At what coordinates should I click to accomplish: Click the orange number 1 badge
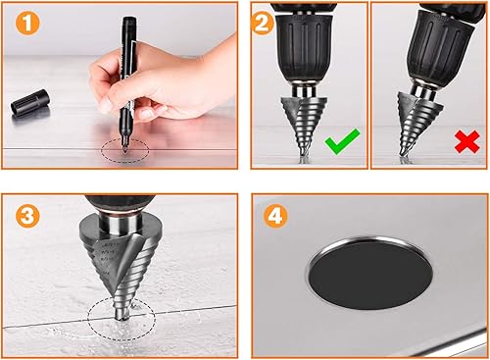click(x=27, y=24)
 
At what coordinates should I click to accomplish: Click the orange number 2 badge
click(x=263, y=23)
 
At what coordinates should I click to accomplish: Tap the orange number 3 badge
click(x=27, y=216)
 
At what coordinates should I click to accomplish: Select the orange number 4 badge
click(x=275, y=216)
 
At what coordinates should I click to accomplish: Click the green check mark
click(x=342, y=141)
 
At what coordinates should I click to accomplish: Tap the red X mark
click(x=467, y=142)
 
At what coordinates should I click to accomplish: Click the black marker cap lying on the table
click(x=30, y=102)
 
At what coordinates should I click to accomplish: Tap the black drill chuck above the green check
click(x=304, y=47)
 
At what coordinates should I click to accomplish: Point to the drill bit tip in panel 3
click(x=122, y=317)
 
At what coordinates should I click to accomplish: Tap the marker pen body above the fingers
click(x=129, y=39)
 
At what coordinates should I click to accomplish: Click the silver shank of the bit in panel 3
click(x=121, y=223)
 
